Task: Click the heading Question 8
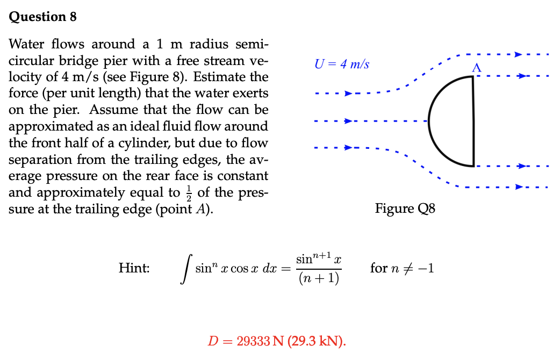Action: (x=42, y=17)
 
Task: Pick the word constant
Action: (x=242, y=176)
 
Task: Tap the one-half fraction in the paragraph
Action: (x=189, y=193)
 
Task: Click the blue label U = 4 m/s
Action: (x=342, y=64)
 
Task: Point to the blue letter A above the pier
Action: (x=476, y=68)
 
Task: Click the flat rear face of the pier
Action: (x=473, y=121)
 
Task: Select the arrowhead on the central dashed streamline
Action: (x=348, y=121)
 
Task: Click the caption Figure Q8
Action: (x=405, y=208)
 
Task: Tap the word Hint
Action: (x=134, y=268)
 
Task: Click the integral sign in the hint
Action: (x=186, y=269)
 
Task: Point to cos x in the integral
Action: (x=245, y=269)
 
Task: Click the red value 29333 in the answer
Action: (x=253, y=341)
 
